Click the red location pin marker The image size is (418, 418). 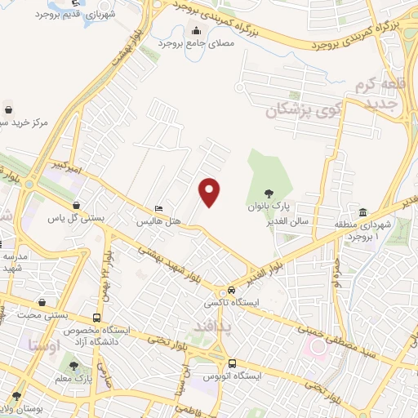(x=210, y=192)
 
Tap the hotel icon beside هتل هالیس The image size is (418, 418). (x=158, y=208)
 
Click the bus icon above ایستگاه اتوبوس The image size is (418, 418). (x=233, y=363)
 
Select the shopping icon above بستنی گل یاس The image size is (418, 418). (x=76, y=206)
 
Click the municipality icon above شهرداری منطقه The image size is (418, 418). (x=362, y=212)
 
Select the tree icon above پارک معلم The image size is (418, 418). (x=74, y=367)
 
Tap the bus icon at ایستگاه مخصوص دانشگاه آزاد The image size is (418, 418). (x=98, y=317)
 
